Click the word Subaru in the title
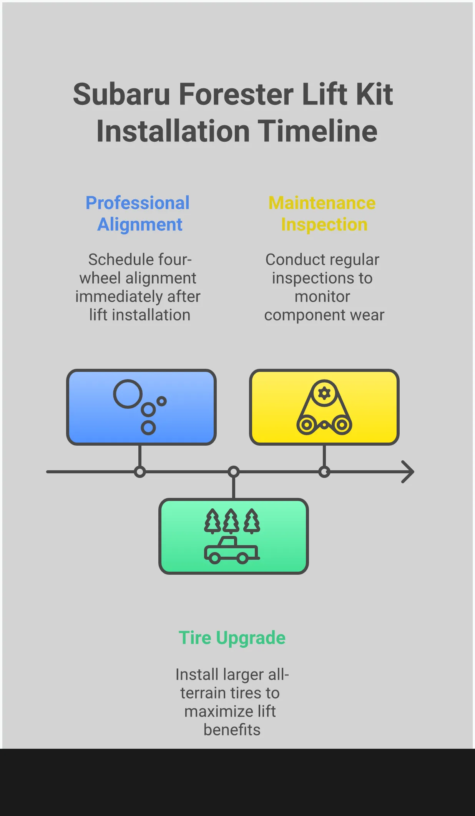(x=121, y=95)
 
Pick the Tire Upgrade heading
(x=232, y=638)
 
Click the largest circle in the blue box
(x=127, y=394)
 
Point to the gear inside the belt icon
(x=324, y=393)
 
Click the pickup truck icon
(x=231, y=551)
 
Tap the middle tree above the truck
(x=231, y=521)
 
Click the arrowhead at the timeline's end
(x=408, y=471)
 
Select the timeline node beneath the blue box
(x=140, y=472)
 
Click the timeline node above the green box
(x=234, y=472)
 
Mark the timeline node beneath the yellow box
(x=324, y=472)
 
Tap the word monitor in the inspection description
(x=322, y=297)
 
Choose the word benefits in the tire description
(x=232, y=730)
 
